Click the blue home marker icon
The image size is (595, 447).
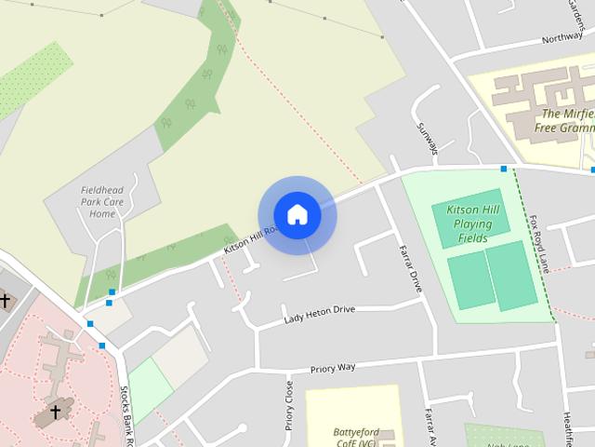point(297,214)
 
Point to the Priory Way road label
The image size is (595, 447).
point(333,367)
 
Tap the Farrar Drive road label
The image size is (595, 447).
point(410,269)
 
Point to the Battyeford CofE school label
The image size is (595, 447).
point(353,435)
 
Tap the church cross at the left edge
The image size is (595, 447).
point(6,300)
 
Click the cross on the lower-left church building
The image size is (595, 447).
point(55,411)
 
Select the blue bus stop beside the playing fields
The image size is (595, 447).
point(503,169)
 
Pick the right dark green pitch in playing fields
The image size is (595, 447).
point(512,276)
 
